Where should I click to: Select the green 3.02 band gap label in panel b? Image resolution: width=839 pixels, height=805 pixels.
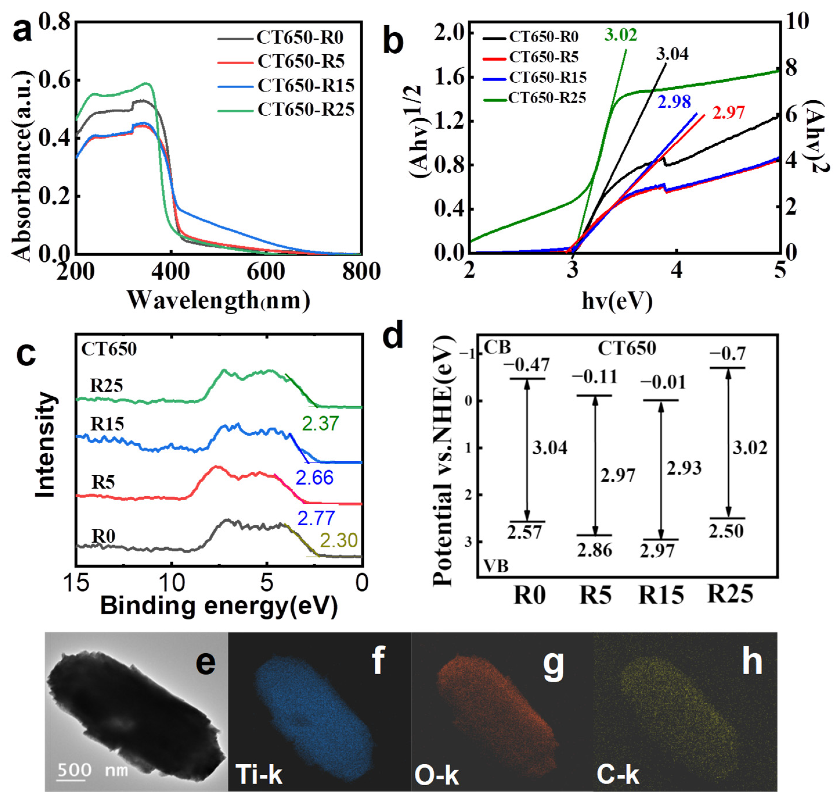pos(621,35)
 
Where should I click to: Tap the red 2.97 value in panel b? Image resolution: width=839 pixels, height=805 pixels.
pos(728,113)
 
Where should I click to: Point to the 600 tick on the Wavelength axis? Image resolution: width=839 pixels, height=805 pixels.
pos(266,272)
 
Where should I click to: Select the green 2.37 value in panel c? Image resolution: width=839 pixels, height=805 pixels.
pos(320,424)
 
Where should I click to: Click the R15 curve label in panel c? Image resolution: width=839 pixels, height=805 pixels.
pos(107,424)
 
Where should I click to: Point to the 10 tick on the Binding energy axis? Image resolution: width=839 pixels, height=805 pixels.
pos(172,583)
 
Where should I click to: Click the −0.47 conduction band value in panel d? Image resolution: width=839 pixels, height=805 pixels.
pos(526,365)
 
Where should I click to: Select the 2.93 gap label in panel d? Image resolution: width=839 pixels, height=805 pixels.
pos(684,469)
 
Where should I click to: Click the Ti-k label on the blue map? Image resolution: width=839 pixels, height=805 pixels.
pos(259,774)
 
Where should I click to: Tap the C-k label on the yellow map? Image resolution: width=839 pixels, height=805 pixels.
pos(618,774)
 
